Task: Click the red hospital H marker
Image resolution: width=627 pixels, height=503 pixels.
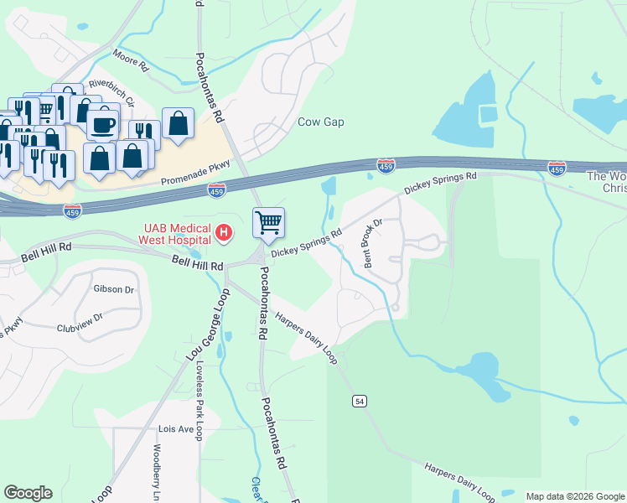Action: coord(224,232)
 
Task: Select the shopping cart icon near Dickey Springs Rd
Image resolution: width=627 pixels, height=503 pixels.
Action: coord(268,223)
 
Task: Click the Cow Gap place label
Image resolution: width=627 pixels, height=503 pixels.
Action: coord(321,122)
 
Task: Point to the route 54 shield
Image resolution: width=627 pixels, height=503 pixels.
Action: coord(360,402)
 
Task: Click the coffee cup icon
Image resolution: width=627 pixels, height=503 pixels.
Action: coord(103,125)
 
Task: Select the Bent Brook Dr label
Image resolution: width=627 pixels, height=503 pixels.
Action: coord(372,244)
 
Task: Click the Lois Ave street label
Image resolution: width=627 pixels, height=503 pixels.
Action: coord(176,428)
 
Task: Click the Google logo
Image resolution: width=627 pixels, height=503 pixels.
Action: coord(28,493)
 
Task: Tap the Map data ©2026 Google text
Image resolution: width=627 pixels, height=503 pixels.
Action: coord(575,496)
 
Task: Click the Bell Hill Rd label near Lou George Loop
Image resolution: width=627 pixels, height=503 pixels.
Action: coord(198,263)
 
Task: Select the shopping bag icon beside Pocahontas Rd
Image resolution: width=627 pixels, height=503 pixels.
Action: coord(179,125)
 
